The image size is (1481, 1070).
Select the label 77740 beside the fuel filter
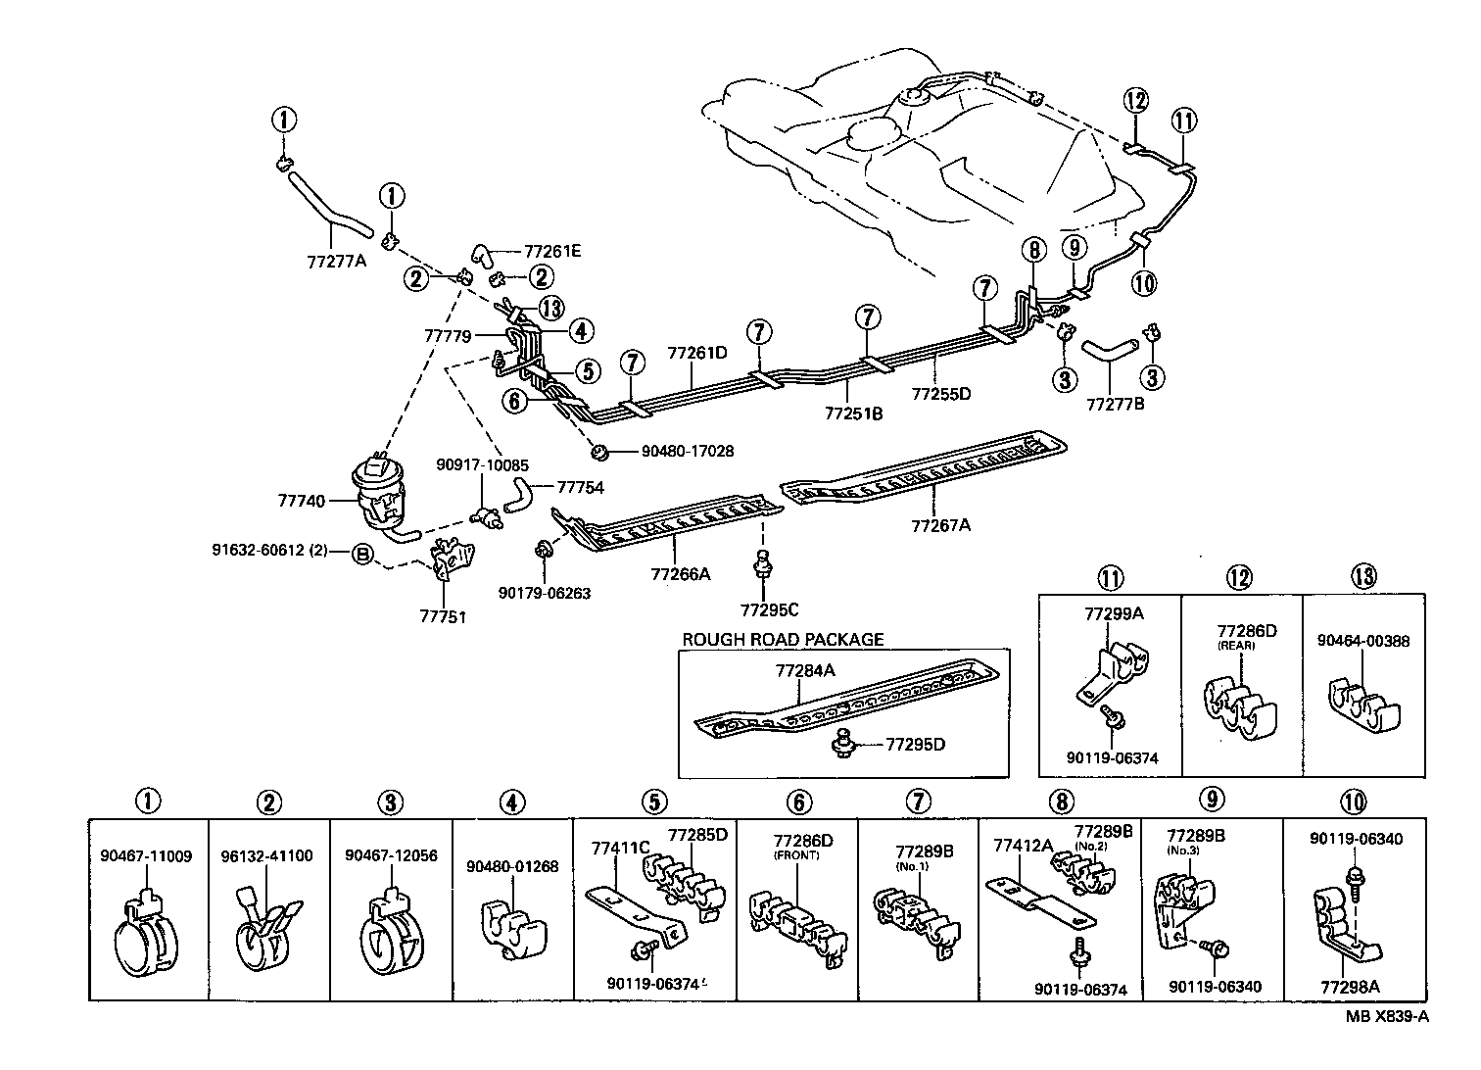[301, 500]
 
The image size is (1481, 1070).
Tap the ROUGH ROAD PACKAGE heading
[783, 640]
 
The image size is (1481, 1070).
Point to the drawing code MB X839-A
[1386, 1016]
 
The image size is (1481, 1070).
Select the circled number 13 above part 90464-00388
[1363, 577]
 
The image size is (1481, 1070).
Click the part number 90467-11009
[146, 855]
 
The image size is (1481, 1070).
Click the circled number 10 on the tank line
[1144, 283]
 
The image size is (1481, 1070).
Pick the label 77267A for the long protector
[940, 525]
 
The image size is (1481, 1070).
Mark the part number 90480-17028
[687, 452]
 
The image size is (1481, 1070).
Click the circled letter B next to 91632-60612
[362, 555]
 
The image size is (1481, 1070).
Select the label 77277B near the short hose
[1116, 404]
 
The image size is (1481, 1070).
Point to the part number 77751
[444, 617]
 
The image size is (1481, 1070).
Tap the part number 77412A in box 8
[1023, 844]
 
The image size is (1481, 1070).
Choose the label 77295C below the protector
[769, 609]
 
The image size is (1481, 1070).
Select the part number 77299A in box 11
[1114, 614]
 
